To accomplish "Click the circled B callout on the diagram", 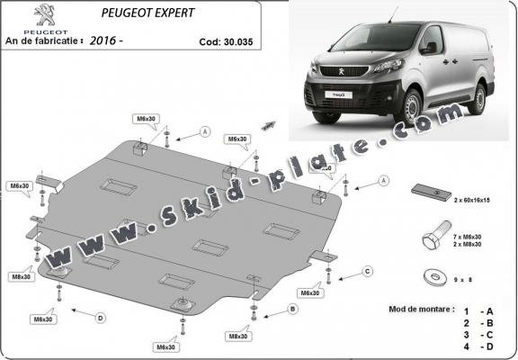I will pos(291,309).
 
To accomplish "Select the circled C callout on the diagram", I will pos(367,271).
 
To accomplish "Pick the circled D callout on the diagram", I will pos(100,317).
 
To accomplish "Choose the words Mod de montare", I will pos(423,308).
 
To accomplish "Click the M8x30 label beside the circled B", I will pos(237,337).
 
